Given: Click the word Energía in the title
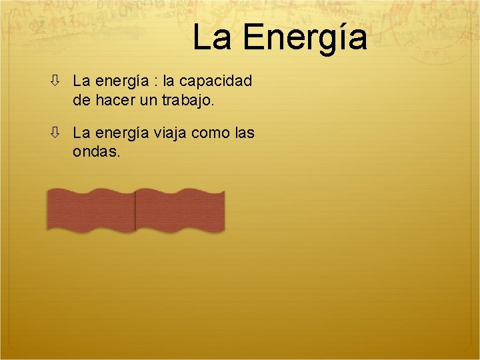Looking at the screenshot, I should [x=305, y=38].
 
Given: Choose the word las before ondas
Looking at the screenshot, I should [x=245, y=133].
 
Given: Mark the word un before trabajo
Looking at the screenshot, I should [x=153, y=101].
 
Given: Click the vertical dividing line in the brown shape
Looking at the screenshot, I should [x=135, y=210].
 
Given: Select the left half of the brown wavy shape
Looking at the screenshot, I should [x=91, y=210].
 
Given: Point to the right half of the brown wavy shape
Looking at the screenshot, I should [x=180, y=210].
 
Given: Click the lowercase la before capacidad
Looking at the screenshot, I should [x=169, y=82].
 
